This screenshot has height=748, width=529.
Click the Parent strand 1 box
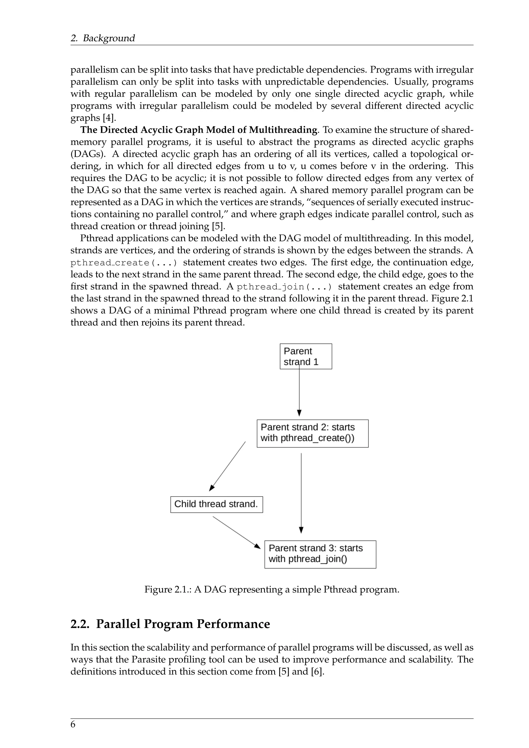[306, 356]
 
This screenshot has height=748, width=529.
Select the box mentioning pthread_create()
[312, 433]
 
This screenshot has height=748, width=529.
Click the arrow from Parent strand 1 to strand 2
[299, 391]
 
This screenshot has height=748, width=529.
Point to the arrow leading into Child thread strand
[228, 466]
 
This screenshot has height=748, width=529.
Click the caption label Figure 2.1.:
[168, 590]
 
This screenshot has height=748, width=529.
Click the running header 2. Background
[103, 38]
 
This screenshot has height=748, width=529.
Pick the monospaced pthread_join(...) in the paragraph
[284, 287]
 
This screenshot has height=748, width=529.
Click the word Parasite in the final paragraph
[149, 660]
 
